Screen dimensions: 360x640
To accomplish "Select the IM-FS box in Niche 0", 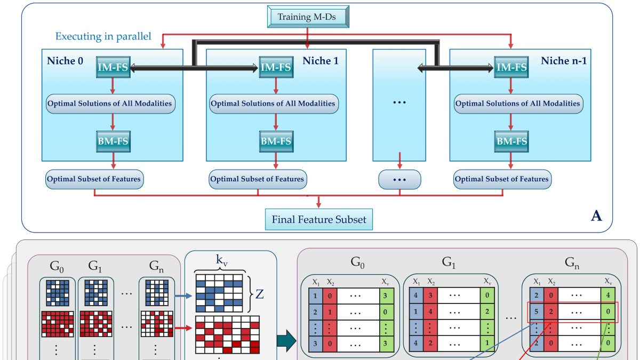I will tap(113, 68).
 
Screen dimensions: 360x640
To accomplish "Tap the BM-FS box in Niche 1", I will tap(275, 141).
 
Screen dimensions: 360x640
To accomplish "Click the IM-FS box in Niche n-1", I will tap(512, 68).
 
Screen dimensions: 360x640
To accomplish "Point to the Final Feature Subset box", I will tap(319, 219).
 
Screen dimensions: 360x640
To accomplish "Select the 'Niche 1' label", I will tap(321, 61).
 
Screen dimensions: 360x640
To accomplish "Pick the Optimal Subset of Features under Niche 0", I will tap(94, 179).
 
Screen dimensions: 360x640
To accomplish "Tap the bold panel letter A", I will tap(597, 215).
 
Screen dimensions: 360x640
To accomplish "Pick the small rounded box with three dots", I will tap(399, 179).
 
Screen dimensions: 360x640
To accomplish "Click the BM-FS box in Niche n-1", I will tap(512, 141).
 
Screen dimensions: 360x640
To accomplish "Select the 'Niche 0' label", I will tap(65, 61).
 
